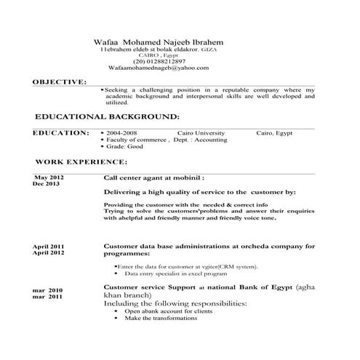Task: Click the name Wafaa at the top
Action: point(106,43)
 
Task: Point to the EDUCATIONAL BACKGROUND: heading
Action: point(107,116)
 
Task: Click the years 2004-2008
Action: point(121,134)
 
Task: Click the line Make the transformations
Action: point(161,319)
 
